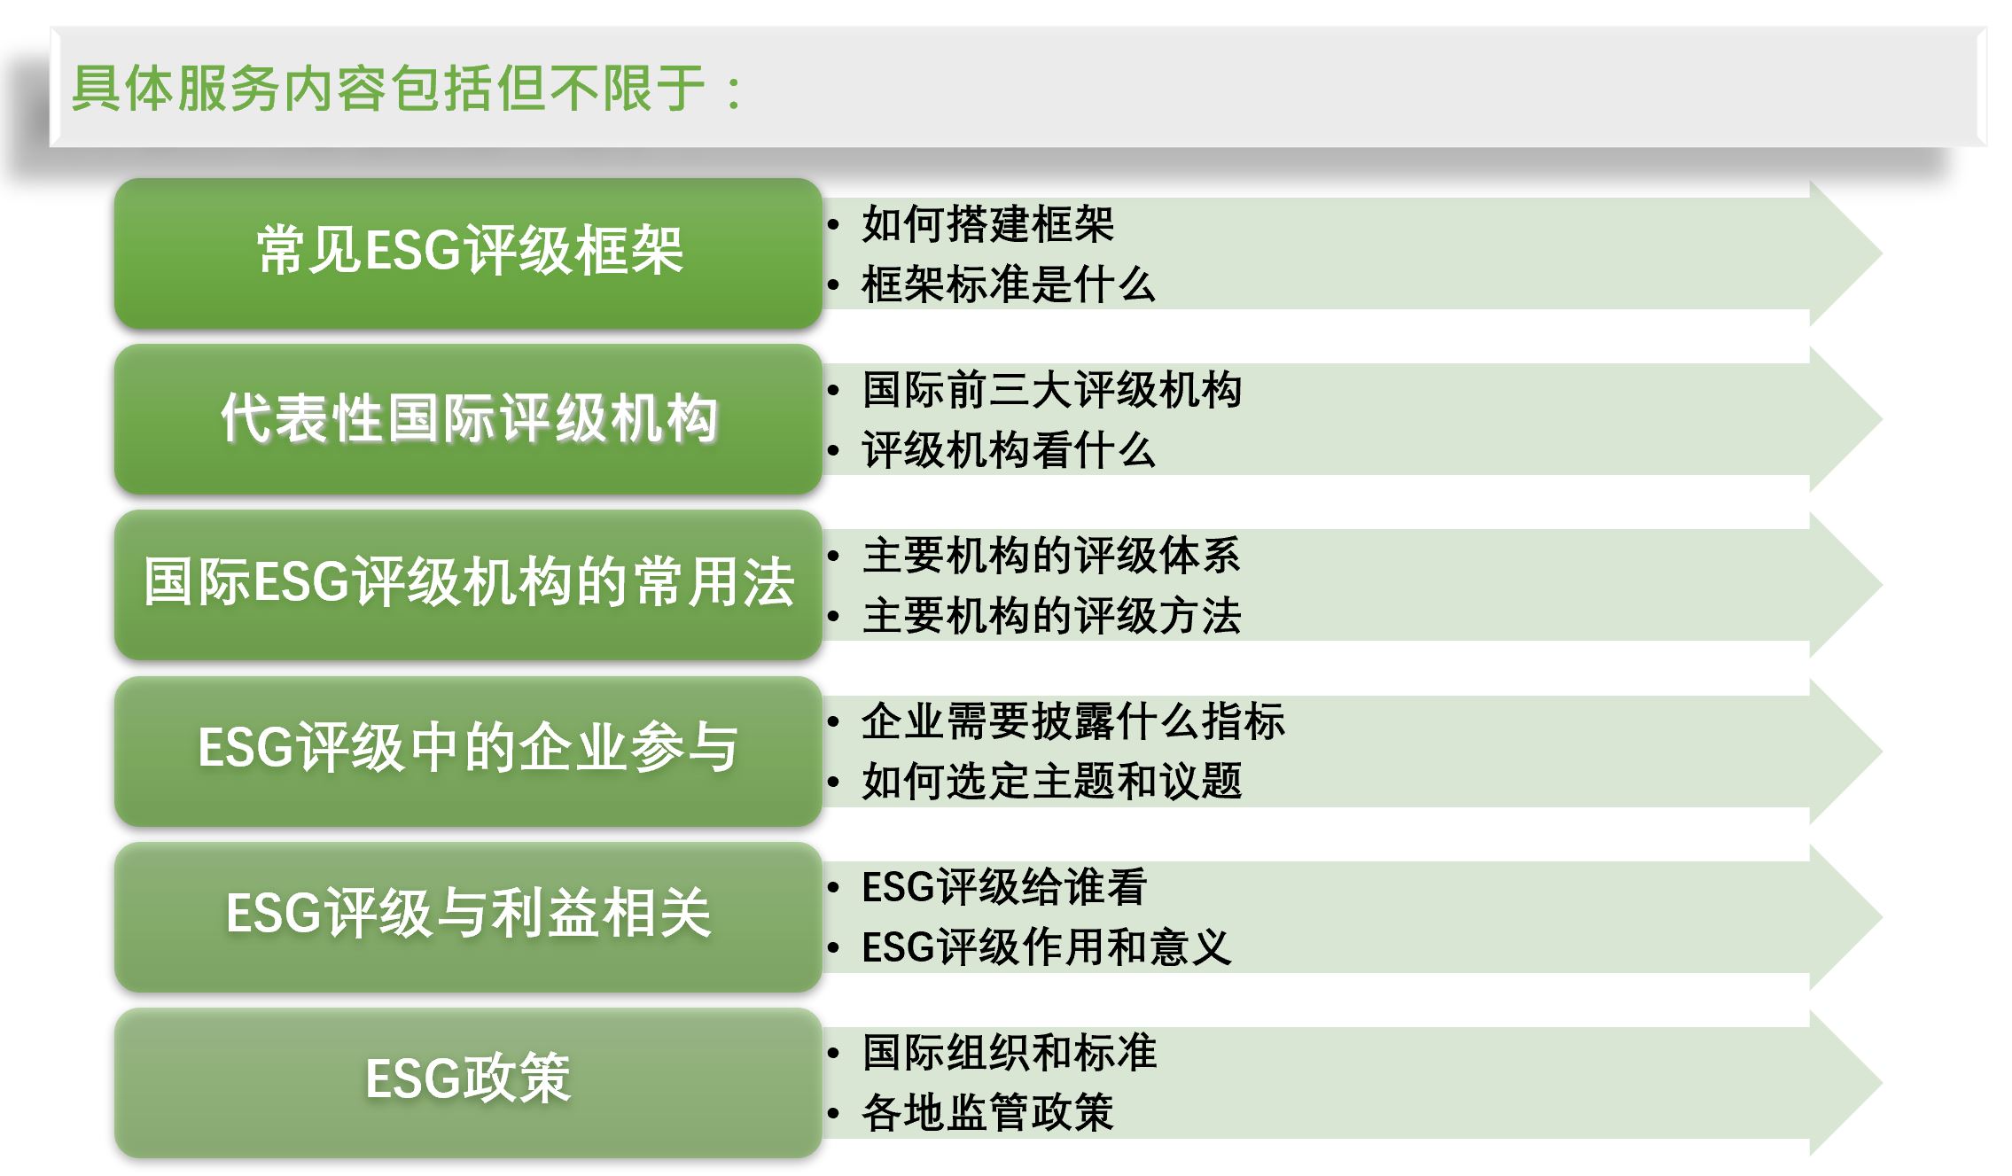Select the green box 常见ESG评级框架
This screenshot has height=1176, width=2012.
point(468,253)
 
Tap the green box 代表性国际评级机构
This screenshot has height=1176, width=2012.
point(468,419)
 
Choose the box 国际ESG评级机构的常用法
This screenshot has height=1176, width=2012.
point(468,585)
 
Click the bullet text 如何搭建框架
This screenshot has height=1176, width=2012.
point(987,223)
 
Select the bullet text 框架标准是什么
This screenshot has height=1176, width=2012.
point(1009,284)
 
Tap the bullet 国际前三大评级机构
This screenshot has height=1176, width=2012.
point(1052,390)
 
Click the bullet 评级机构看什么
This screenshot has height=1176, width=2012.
point(1009,450)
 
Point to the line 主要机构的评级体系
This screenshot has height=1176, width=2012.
point(1052,556)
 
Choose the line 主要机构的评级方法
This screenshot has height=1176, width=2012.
point(1052,616)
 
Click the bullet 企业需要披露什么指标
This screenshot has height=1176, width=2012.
point(1073,721)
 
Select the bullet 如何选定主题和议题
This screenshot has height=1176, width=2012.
point(1052,782)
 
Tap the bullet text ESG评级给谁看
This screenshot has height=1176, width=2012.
point(1004,887)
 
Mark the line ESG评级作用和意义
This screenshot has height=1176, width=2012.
point(1047,947)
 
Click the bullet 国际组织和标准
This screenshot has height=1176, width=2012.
point(1009,1053)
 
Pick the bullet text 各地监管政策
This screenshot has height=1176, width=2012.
point(987,1113)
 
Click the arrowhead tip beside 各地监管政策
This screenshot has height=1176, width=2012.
point(1881,1083)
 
